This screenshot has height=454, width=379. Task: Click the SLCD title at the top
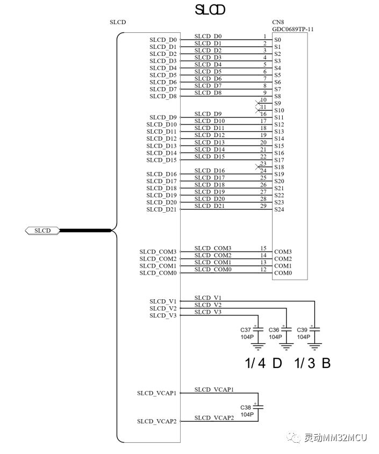point(210,10)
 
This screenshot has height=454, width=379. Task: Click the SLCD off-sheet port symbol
point(42,231)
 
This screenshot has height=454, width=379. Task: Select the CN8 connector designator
point(278,22)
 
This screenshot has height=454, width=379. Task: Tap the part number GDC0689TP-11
point(292,29)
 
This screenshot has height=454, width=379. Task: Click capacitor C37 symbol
point(258,329)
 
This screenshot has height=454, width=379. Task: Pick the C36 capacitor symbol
point(287,329)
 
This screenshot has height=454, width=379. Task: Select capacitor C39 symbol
point(314,329)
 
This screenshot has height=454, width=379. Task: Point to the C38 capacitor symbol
point(258,407)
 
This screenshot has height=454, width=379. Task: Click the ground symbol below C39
point(314,347)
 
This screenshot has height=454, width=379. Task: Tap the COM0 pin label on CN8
point(283,273)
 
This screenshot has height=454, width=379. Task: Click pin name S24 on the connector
point(279,210)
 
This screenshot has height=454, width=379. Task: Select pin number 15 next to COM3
point(263,248)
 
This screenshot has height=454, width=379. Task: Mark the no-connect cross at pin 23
point(258,167)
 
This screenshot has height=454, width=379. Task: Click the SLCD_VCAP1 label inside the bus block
point(157,393)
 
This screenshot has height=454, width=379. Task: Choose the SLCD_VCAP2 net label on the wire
point(214,418)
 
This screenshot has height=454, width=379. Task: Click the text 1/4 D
point(263,363)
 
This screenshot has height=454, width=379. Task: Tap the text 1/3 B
point(312,363)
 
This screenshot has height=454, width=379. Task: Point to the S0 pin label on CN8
point(277,40)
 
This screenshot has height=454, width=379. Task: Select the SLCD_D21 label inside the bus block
point(161,210)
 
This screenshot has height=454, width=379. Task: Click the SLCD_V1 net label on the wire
point(208,298)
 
